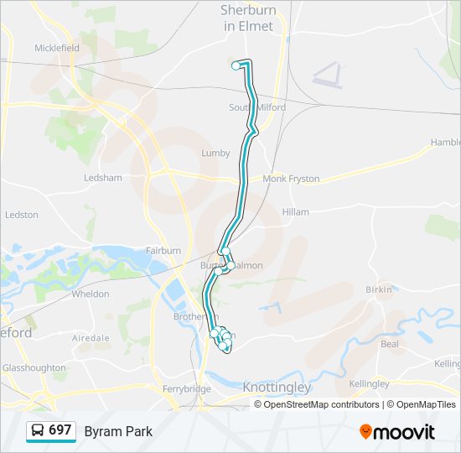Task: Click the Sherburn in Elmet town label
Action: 247,18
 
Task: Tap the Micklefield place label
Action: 57,48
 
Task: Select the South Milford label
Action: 257,107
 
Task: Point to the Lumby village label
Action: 215,153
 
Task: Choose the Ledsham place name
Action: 103,178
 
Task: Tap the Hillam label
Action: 296,212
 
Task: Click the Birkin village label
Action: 379,289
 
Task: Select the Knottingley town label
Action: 277,388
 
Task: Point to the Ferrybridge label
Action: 187,389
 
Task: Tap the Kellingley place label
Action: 369,383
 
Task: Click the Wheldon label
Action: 91,294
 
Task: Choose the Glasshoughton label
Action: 34,367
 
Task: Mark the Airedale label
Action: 91,338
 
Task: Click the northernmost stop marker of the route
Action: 236,65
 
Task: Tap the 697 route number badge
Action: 51,430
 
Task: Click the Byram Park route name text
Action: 118,431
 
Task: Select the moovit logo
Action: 397,431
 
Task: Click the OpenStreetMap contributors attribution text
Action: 322,404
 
